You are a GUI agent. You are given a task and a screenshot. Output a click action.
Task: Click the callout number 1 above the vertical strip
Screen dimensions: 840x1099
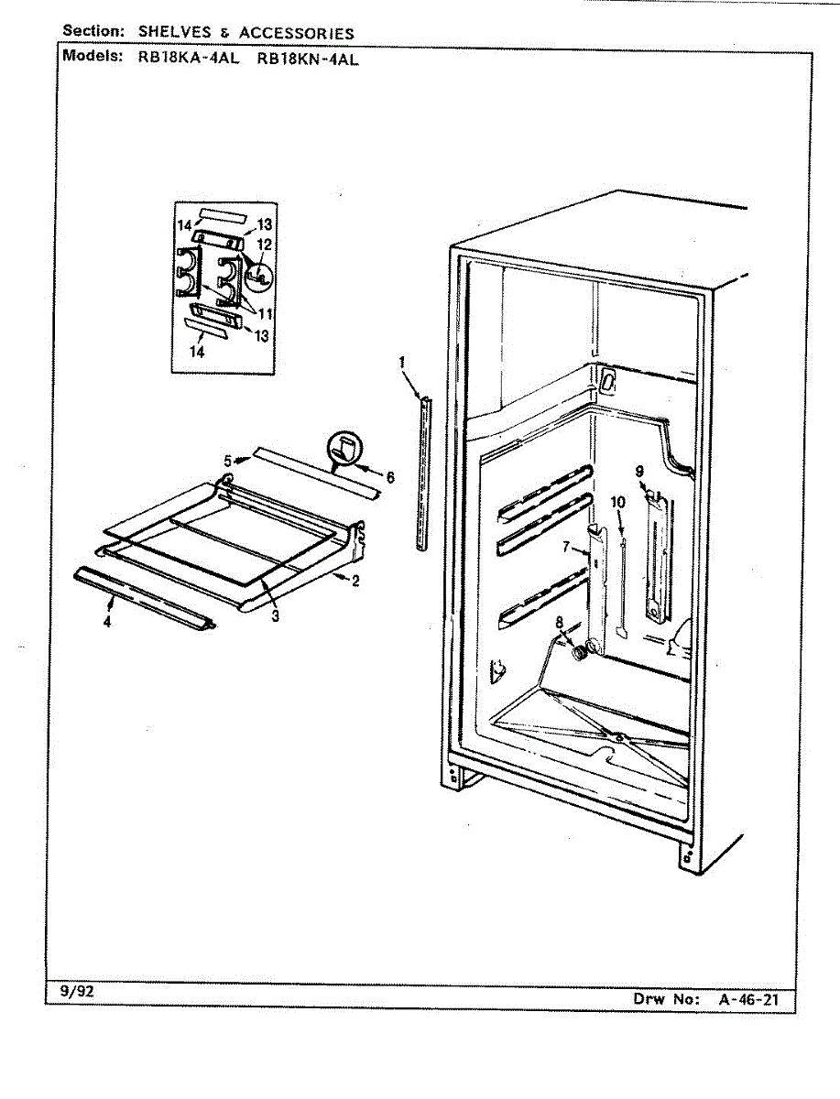click(x=401, y=363)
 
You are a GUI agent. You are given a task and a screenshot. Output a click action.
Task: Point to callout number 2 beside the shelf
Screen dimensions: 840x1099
click(x=354, y=581)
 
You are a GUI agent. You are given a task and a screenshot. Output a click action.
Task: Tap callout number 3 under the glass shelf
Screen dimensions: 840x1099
click(x=275, y=616)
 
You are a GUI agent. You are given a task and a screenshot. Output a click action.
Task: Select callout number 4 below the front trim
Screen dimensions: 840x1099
click(x=107, y=622)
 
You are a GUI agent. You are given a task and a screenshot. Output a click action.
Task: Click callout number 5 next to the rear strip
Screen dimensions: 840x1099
click(x=228, y=460)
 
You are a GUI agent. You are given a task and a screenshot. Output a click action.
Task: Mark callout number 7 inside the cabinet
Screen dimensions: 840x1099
click(x=567, y=547)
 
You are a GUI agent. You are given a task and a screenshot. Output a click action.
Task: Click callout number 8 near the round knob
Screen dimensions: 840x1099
click(x=560, y=623)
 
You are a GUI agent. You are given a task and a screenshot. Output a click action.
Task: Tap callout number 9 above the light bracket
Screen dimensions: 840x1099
click(x=639, y=473)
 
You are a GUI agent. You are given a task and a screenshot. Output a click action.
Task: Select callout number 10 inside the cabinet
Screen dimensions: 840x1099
click(x=617, y=502)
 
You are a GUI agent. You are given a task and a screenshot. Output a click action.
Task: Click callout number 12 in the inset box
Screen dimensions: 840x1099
click(x=264, y=244)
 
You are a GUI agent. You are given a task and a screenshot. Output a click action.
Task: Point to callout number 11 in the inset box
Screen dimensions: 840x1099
click(x=265, y=312)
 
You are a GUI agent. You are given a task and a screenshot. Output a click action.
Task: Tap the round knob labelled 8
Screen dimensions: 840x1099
click(x=579, y=654)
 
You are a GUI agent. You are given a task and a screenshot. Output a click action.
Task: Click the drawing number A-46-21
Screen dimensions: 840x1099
click(x=748, y=999)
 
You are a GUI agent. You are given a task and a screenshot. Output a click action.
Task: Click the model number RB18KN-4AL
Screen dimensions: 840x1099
click(x=306, y=56)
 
